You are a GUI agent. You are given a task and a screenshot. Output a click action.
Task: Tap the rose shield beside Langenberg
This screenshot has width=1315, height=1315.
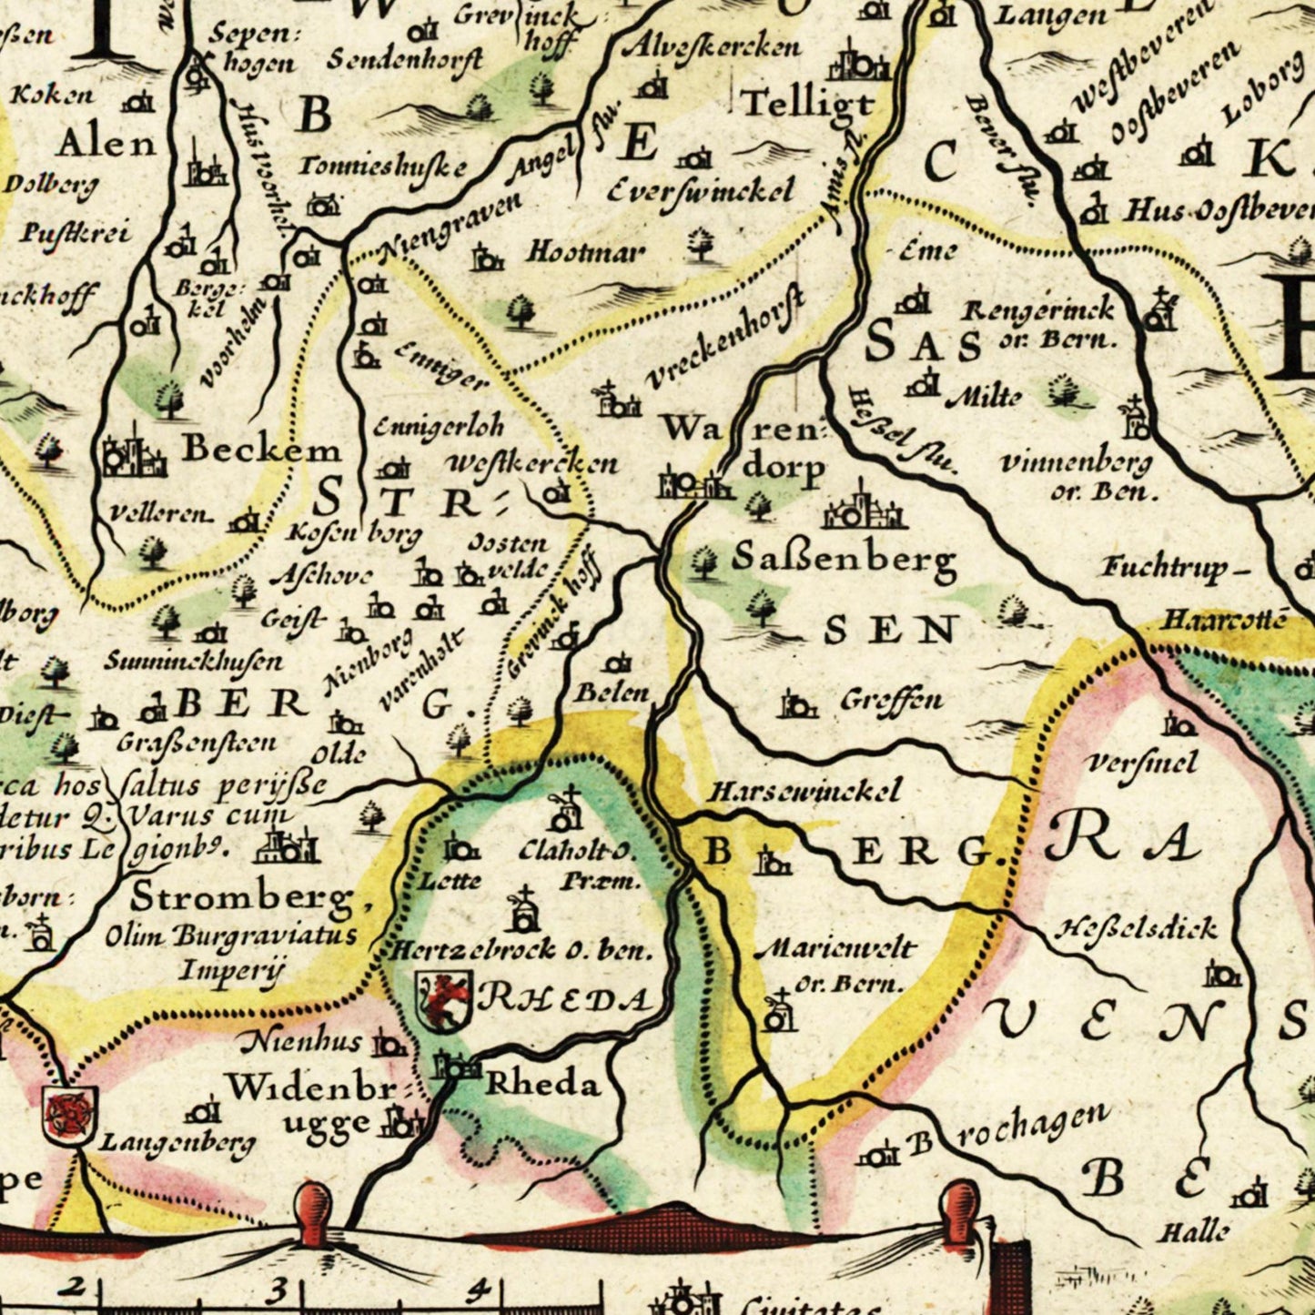pos(69,1115)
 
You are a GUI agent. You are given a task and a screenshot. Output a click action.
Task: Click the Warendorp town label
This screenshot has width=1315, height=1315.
pos(742,446)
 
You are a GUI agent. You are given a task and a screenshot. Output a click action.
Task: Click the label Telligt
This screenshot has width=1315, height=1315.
pos(808,103)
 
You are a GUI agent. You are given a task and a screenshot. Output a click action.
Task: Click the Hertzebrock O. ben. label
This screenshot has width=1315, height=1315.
pos(521,951)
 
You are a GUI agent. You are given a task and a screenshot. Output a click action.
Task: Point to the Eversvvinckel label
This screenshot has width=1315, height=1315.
pos(699,190)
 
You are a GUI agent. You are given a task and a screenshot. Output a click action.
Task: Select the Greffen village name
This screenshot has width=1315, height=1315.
pos(891,700)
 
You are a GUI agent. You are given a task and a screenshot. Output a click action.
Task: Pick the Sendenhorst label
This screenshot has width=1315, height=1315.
pos(405,60)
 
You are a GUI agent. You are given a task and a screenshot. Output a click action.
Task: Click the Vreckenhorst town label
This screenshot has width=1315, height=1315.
pos(725,339)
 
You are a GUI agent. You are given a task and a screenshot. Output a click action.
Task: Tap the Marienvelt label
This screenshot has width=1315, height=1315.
pos(835,949)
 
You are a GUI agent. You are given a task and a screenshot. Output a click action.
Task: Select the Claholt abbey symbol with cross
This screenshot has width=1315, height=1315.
pos(566,810)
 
